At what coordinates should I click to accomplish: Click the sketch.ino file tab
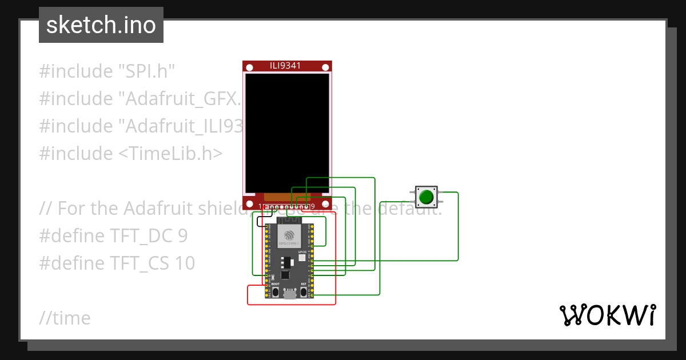click(x=101, y=25)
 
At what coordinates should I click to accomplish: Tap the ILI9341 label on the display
click(x=285, y=66)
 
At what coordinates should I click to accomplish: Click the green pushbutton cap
click(x=426, y=197)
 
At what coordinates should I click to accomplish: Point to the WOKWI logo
click(x=607, y=315)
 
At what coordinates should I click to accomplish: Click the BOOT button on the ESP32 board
click(x=276, y=292)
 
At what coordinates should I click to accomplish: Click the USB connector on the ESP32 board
click(x=290, y=294)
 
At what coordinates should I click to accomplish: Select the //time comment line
click(x=65, y=318)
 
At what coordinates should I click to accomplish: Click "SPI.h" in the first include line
click(x=146, y=71)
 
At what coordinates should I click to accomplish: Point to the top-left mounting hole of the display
click(x=249, y=67)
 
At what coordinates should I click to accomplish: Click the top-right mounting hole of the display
click(x=325, y=67)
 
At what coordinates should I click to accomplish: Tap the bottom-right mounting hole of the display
click(x=325, y=203)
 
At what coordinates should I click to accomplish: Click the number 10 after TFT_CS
click(x=185, y=263)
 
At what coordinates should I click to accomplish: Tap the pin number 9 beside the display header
click(x=312, y=206)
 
